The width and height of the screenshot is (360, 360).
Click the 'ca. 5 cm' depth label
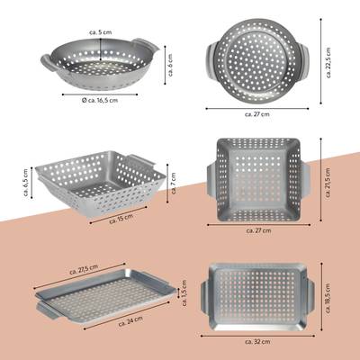pos(101,32)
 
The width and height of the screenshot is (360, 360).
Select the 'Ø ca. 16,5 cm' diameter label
pos(100,100)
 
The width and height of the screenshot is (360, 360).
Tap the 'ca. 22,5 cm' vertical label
pos(328,62)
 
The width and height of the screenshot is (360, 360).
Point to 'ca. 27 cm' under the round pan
pos(257,114)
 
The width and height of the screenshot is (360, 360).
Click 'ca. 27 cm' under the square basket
pos(258,230)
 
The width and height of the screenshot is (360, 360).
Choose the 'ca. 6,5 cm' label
pos(25,183)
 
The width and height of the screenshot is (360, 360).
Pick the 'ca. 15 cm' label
pos(121,219)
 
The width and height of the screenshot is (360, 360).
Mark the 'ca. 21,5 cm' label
pos(328,183)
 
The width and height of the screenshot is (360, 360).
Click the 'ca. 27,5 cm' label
pos(84,269)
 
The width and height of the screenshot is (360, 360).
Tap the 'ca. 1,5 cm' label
pos(184,293)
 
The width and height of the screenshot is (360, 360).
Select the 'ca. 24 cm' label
pos(130,321)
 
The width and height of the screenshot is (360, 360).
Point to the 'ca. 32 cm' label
pos(257,342)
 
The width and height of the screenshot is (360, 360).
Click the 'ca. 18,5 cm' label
pos(328,298)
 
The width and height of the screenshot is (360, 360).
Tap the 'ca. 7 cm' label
pos(173,184)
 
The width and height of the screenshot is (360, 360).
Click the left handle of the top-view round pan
pos(211,61)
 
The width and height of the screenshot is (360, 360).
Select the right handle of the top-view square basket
pos(305,179)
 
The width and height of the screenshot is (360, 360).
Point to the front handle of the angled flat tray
pos(48,310)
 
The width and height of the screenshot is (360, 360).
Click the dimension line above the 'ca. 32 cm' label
pos(257,336)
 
